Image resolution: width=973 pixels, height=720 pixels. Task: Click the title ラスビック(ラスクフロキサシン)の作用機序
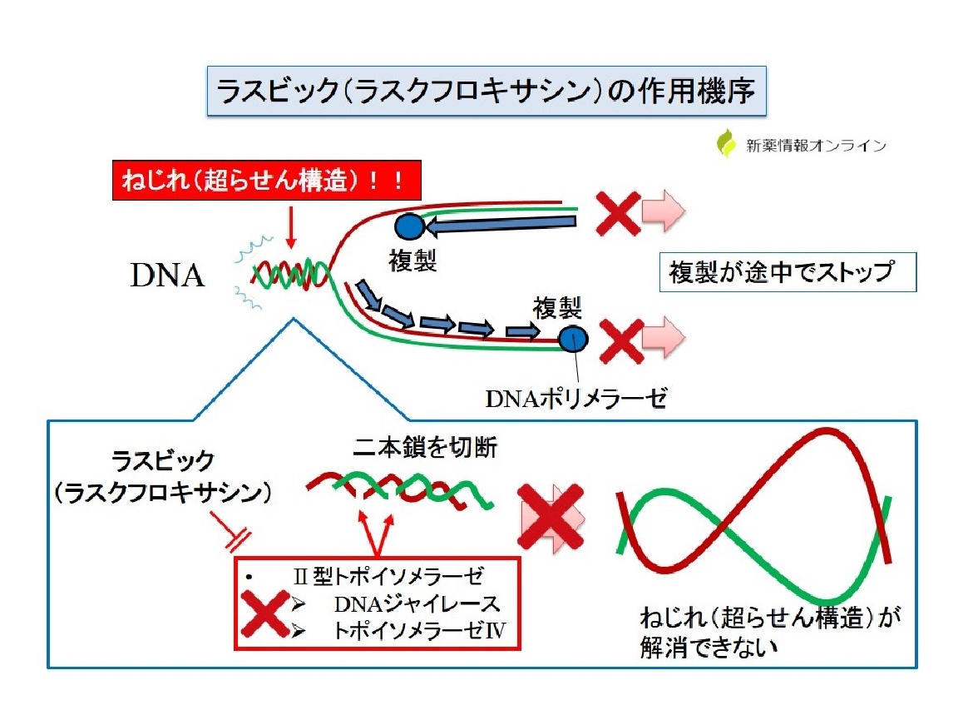tap(486, 92)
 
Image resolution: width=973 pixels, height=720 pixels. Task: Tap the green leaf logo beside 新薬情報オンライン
tap(726, 143)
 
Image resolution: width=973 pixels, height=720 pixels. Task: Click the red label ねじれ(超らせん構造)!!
tap(267, 181)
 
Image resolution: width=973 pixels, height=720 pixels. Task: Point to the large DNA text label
tap(167, 275)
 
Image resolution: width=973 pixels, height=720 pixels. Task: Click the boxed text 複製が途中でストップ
tap(788, 272)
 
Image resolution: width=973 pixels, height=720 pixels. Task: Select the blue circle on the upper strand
tap(409, 226)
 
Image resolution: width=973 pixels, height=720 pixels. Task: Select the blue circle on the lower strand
tap(573, 339)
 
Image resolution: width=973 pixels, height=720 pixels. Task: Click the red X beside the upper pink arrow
tap(618, 213)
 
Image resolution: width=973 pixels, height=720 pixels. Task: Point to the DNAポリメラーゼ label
tap(575, 399)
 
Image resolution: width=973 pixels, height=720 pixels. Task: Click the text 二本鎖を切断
tap(425, 447)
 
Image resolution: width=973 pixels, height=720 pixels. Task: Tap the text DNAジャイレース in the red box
tap(417, 603)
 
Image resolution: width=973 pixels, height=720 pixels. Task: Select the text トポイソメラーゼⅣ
tap(420, 631)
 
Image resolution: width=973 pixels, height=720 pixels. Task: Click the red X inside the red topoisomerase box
tap(265, 613)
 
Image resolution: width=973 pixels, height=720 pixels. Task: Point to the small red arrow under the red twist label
tap(290, 226)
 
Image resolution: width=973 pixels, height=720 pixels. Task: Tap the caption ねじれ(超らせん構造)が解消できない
tap(769, 633)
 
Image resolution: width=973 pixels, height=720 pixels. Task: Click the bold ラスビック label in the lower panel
tap(162, 461)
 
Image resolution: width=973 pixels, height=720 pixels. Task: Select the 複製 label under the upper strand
tap(412, 261)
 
